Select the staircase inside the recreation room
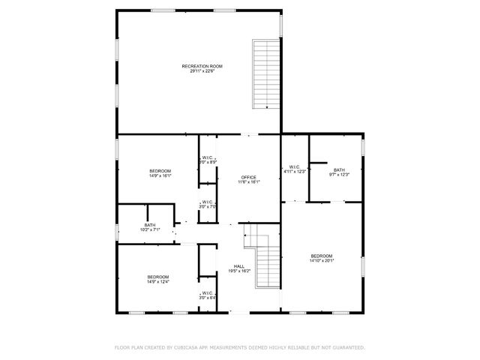pyautogui.click(x=264, y=74)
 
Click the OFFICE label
pyautogui.click(x=248, y=177)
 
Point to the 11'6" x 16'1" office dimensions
pyautogui.click(x=248, y=181)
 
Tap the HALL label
pyautogui.click(x=239, y=266)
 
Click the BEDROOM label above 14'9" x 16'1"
pyautogui.click(x=160, y=172)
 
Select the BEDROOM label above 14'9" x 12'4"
pyautogui.click(x=158, y=277)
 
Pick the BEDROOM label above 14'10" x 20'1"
pyautogui.click(x=322, y=256)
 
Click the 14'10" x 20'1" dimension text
pyautogui.click(x=322, y=261)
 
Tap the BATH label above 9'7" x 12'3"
pyautogui.click(x=339, y=169)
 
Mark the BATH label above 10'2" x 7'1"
pyautogui.click(x=150, y=225)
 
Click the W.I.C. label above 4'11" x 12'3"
pyautogui.click(x=295, y=166)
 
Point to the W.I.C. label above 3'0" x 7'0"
pyautogui.click(x=207, y=201)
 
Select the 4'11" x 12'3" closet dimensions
pyautogui.click(x=295, y=172)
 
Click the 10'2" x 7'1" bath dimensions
pyautogui.click(x=150, y=229)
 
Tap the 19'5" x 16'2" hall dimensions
pyautogui.click(x=239, y=271)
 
